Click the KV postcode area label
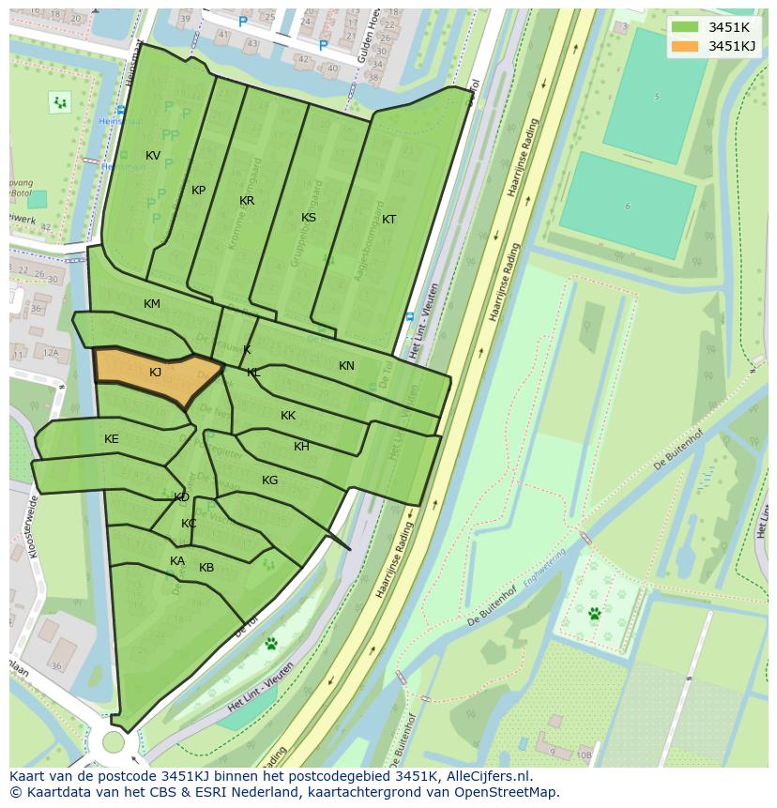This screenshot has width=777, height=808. pyautogui.click(x=153, y=156)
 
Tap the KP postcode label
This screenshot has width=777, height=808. pyautogui.click(x=198, y=191)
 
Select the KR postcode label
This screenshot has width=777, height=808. pyautogui.click(x=247, y=201)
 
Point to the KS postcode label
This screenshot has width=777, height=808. pyautogui.click(x=309, y=218)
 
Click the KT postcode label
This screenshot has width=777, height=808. pyautogui.click(x=388, y=220)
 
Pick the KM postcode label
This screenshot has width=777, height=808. pyautogui.click(x=152, y=304)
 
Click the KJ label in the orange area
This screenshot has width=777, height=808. pyautogui.click(x=156, y=373)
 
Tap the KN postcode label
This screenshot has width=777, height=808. pyautogui.click(x=346, y=366)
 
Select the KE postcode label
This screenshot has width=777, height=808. pyautogui.click(x=112, y=439)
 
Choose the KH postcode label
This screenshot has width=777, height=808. pyautogui.click(x=301, y=447)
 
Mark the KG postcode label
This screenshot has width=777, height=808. pyautogui.click(x=269, y=480)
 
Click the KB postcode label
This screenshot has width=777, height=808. pyautogui.click(x=206, y=568)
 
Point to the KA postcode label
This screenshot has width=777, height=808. pyautogui.click(x=177, y=561)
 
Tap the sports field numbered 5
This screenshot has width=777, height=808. pyautogui.click(x=656, y=95)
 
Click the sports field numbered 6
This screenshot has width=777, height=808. pyautogui.click(x=628, y=205)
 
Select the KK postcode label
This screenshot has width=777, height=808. pyautogui.click(x=288, y=416)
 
